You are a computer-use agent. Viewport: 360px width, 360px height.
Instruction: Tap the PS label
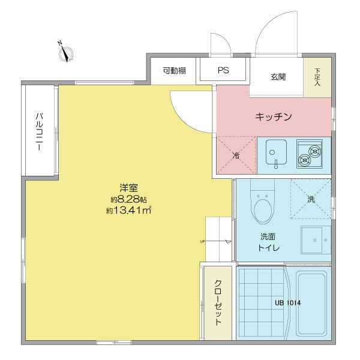pos(223,70)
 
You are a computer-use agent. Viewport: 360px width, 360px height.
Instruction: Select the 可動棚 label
pos(174,70)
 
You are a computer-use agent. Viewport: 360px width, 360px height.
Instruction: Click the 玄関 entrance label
pos(278,77)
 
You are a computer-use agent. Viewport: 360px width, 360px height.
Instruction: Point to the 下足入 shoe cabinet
pos(317,77)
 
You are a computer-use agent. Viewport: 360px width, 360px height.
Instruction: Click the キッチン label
pos(274,116)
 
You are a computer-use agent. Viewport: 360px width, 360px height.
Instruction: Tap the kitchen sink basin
pos(276,152)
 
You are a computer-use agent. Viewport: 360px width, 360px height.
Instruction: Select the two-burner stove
pos(310,154)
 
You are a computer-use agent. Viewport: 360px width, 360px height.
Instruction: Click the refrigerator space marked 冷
pos(236,155)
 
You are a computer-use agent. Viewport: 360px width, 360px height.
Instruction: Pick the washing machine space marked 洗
pos(311,199)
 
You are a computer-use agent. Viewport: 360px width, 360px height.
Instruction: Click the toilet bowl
pos(263,208)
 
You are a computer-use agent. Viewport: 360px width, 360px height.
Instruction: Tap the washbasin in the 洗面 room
pos(316,240)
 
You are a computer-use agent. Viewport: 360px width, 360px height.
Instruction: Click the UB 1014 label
pos(287,303)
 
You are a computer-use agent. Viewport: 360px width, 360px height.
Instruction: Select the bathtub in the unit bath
pos(311,303)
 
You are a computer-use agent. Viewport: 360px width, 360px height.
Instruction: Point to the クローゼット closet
pos(218,303)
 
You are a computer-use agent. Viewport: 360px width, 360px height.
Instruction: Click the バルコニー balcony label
pos(39,132)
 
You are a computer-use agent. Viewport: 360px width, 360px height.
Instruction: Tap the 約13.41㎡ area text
pos(128,211)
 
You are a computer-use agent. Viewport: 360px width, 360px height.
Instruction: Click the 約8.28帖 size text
pos(128,200)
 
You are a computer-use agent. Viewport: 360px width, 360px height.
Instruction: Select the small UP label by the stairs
pos(202,242)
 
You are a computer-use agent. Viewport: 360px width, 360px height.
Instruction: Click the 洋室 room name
pos(128,188)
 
